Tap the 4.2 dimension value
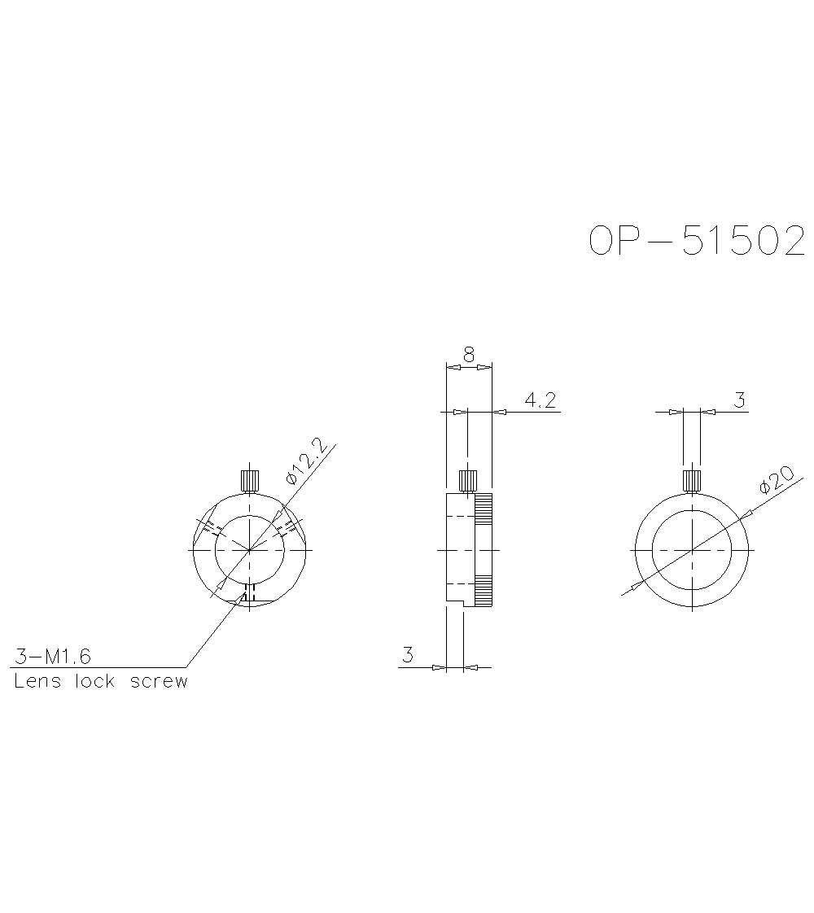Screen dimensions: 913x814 click(540, 400)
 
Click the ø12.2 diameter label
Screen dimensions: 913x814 click(305, 461)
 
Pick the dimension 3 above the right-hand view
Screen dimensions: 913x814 click(739, 400)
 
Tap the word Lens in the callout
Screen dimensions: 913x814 click(37, 682)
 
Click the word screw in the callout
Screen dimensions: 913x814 click(159, 682)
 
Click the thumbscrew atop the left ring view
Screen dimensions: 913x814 click(250, 480)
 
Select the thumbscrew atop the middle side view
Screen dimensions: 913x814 click(468, 480)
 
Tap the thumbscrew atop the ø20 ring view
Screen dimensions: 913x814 click(692, 480)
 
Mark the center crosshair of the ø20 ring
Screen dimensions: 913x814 click(692, 550)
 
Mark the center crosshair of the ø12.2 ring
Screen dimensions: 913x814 click(250, 550)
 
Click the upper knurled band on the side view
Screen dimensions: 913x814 click(484, 509)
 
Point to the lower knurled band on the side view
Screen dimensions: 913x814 click(484, 591)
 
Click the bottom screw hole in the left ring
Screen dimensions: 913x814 click(250, 593)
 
